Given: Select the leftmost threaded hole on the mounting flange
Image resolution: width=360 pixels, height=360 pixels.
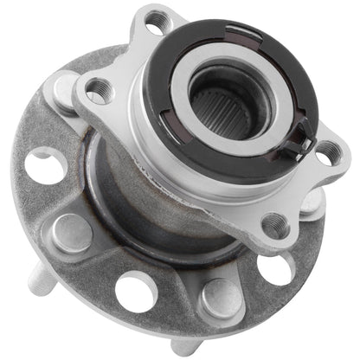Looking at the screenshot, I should point(98,87).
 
